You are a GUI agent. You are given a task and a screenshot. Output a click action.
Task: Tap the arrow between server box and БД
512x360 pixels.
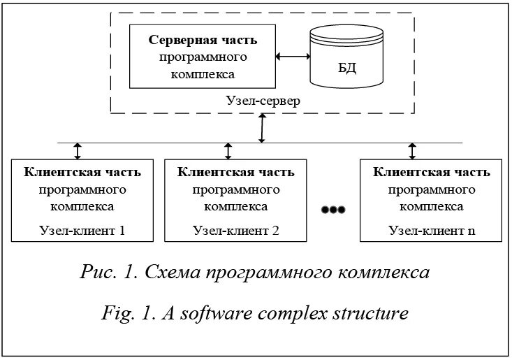coord(293,57)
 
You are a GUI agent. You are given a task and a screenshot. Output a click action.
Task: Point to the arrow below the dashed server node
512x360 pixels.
coord(262,128)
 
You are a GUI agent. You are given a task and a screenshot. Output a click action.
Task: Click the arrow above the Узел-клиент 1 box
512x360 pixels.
coord(78,151)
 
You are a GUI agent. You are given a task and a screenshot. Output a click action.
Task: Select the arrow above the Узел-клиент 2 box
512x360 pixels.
coord(228,151)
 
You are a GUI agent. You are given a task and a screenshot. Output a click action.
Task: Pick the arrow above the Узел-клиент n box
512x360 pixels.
coord(412,151)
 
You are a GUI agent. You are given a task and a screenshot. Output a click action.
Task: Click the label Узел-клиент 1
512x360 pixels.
coord(82,230)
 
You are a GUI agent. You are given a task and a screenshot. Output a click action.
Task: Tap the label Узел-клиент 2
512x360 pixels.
coord(236,230)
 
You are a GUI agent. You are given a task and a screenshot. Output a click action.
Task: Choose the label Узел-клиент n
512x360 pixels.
coord(431,230)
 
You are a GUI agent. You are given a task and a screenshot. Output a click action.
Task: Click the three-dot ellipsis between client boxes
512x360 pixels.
coord(332,209)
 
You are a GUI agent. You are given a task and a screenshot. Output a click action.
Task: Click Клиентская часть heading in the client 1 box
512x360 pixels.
coord(82,172)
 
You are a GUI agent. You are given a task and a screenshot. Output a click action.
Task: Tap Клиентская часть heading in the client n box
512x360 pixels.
coord(431,172)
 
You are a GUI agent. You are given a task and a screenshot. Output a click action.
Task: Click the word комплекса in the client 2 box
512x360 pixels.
coord(236,206)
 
